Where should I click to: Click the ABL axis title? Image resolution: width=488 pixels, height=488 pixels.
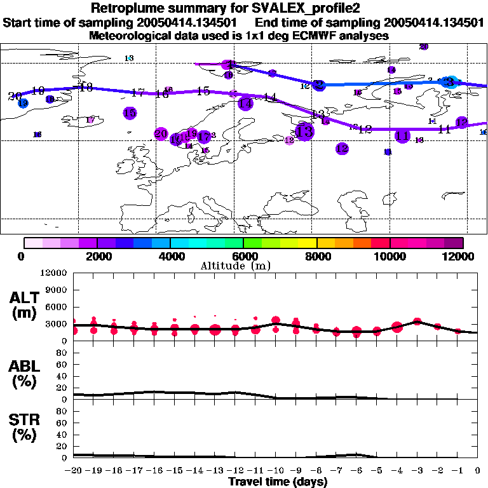25,374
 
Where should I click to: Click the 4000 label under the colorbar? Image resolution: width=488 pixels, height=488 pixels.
170,256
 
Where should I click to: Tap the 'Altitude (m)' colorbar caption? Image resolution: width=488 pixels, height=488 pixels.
243,265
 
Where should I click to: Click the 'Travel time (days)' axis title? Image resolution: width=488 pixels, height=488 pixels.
278,482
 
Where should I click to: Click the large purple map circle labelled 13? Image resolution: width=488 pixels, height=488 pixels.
305,132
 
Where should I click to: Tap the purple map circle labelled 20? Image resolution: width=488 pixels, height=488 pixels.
161,134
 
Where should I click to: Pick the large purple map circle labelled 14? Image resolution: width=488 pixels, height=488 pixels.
245,104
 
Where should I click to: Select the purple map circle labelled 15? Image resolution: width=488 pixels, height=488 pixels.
130,113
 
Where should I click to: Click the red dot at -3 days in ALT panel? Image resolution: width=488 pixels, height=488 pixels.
417,322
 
